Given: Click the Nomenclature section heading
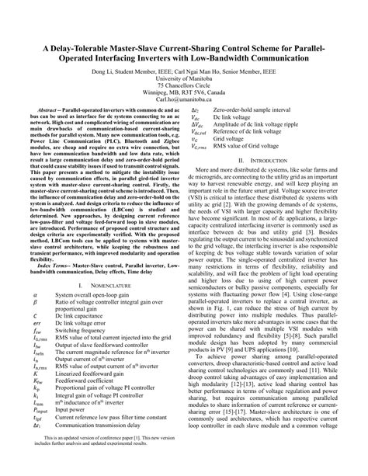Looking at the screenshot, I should click(109, 287).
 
